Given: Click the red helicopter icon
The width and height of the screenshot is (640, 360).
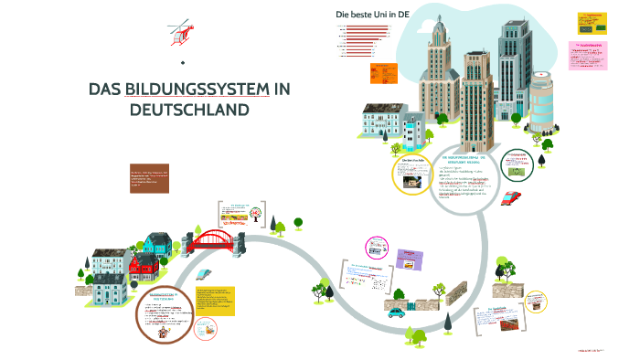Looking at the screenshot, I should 182,34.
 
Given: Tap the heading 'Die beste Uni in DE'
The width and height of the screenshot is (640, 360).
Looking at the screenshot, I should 372,14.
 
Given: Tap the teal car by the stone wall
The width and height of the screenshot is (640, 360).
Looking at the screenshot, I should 396,312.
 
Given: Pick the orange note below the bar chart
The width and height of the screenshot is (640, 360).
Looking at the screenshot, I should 383,72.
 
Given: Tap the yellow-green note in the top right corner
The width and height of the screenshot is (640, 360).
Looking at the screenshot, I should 592,23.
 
